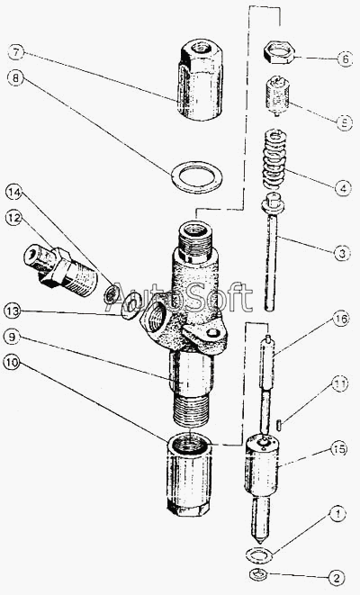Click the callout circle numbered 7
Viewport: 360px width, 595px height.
[x=16, y=52]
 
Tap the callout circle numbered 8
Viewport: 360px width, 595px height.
[x=15, y=78]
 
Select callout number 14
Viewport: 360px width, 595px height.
[x=13, y=193]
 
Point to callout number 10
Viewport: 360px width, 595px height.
[x=12, y=363]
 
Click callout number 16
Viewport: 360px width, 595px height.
[x=341, y=319]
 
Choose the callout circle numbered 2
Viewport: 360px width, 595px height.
[x=336, y=578]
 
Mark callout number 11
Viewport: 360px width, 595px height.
[x=339, y=384]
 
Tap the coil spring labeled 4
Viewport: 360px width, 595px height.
[x=274, y=159]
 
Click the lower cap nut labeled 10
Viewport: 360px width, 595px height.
[x=188, y=474]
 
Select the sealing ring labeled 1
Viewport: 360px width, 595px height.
[x=259, y=555]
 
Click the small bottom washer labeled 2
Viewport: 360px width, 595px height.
[x=258, y=573]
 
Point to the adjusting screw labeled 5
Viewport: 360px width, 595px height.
[x=278, y=96]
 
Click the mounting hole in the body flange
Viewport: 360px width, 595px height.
[x=212, y=333]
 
